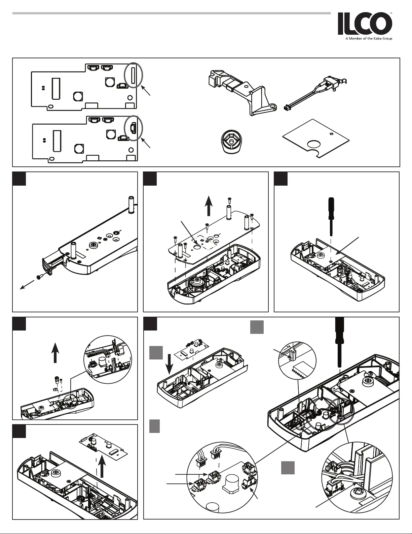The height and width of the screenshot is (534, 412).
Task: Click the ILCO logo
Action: click(365, 24)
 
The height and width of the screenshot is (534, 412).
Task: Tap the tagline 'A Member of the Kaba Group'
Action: click(369, 39)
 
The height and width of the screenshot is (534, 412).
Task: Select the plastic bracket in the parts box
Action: click(242, 92)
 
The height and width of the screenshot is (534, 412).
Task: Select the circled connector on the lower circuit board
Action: click(134, 128)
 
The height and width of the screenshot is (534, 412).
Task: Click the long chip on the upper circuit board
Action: click(56, 89)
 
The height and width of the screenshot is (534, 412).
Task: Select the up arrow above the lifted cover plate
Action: click(209, 206)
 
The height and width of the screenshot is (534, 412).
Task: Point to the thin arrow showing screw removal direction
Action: click(27, 285)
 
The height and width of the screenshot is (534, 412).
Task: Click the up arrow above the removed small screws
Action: click(55, 353)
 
